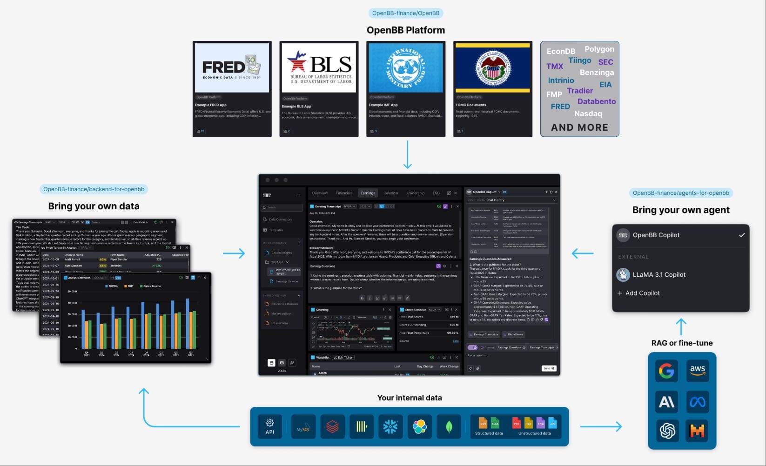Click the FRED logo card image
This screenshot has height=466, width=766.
(x=232, y=68)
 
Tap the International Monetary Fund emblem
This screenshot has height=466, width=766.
(x=406, y=68)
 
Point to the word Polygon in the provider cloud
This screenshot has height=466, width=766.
(x=599, y=49)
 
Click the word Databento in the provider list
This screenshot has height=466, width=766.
(x=596, y=101)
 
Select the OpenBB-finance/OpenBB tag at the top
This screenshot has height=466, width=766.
(x=405, y=13)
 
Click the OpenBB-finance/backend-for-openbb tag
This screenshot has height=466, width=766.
(x=94, y=189)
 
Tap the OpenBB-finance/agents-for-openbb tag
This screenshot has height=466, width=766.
(x=680, y=193)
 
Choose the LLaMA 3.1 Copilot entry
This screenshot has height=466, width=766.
(x=658, y=274)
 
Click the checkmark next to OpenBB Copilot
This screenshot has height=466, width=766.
(x=741, y=235)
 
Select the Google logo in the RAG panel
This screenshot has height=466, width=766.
(x=667, y=371)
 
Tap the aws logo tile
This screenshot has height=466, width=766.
(x=697, y=371)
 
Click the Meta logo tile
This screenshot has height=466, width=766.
(x=697, y=401)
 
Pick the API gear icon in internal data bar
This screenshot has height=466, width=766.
(x=269, y=426)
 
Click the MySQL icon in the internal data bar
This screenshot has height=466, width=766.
(x=303, y=427)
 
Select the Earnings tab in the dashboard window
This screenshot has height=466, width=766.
(x=368, y=193)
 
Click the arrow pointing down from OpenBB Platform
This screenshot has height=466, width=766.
(x=407, y=154)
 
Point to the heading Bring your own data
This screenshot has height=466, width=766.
(x=94, y=206)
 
